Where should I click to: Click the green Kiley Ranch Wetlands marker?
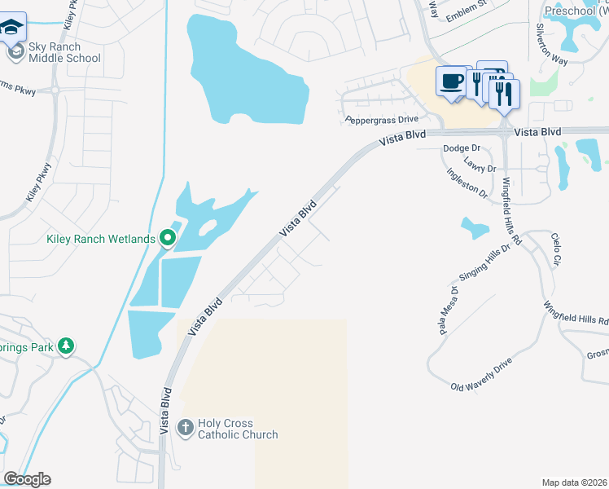pyautogui.click(x=168, y=238)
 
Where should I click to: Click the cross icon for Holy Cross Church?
pyautogui.click(x=186, y=426)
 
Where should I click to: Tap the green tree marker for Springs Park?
pyautogui.click(x=66, y=346)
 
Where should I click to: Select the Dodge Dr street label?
pyautogui.click(x=462, y=148)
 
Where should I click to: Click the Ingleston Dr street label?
pyautogui.click(x=467, y=184)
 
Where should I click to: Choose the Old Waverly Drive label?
pyautogui.click(x=482, y=373)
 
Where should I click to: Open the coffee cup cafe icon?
pyautogui.click(x=452, y=81)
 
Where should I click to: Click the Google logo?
pyautogui.click(x=27, y=479)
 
